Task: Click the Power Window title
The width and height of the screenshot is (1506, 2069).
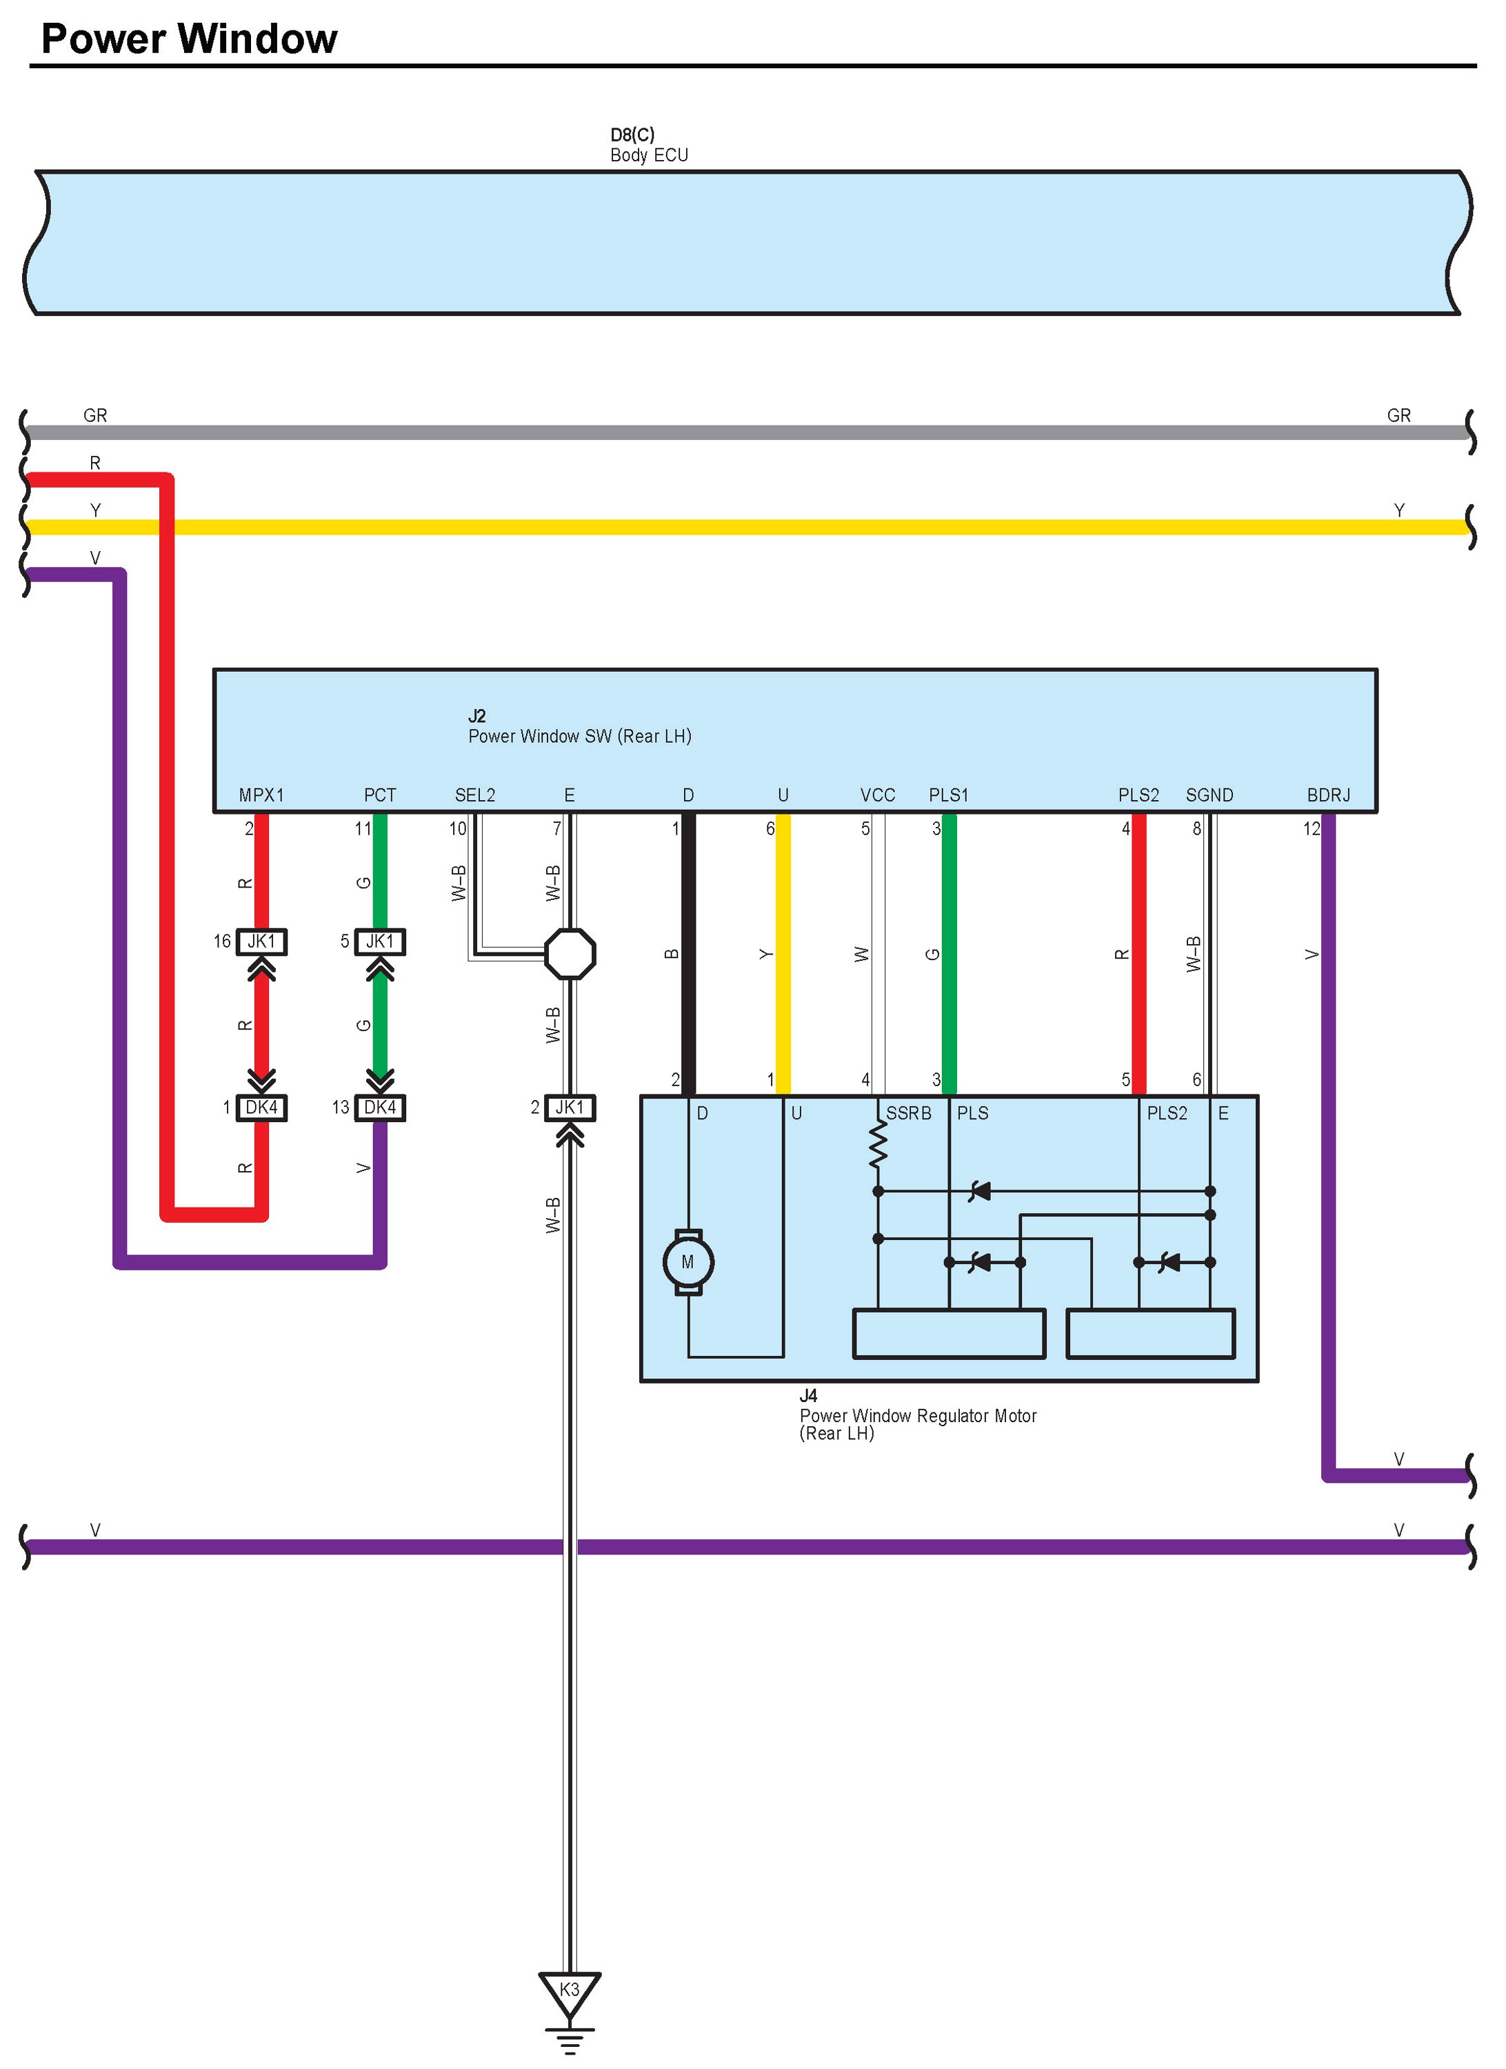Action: click(189, 39)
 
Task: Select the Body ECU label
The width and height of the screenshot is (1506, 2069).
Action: click(649, 155)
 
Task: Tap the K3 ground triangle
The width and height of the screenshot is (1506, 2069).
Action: click(569, 1990)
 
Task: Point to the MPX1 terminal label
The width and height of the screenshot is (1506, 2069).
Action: click(261, 795)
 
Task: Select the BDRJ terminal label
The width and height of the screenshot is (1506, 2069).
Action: click(1328, 795)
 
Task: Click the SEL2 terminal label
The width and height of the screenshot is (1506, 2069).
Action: click(474, 795)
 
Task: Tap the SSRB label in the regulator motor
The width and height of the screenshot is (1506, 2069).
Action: click(909, 1113)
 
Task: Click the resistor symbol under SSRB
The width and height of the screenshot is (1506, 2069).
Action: click(878, 1146)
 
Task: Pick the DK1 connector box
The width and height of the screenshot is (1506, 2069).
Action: click(262, 1108)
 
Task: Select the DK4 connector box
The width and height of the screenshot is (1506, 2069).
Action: click(381, 1108)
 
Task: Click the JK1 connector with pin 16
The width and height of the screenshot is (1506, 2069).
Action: click(262, 941)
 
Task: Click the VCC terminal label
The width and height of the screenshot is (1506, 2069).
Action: click(878, 795)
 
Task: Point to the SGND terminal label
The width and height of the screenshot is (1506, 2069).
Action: click(1209, 795)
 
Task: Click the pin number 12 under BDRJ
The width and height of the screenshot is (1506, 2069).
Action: click(1311, 828)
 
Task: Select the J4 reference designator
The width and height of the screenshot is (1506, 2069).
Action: click(808, 1396)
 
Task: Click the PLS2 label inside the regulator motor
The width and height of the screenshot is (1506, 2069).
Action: click(1167, 1113)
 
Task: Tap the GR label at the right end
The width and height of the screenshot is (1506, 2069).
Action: click(1398, 416)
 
